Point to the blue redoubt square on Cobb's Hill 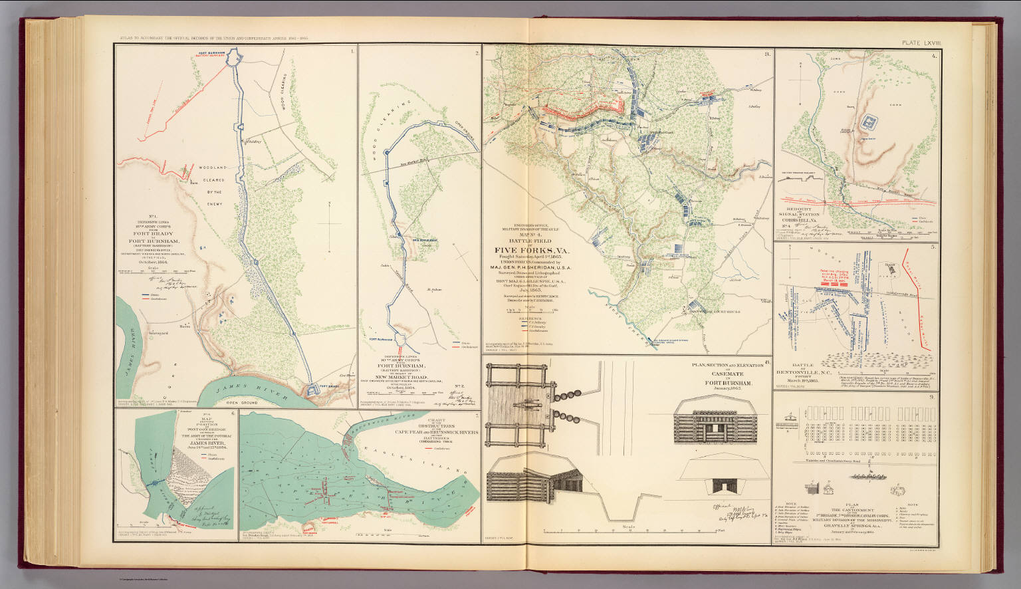click(x=866, y=122)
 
